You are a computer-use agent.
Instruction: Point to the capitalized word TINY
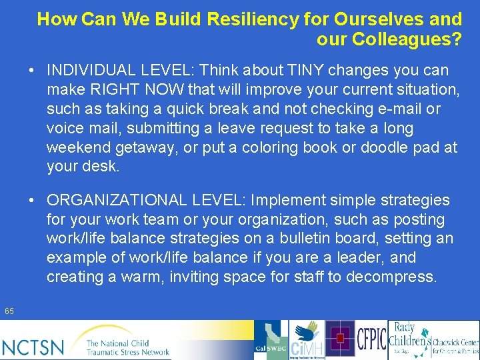pyautogui.click(x=298, y=70)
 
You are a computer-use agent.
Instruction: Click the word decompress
pyautogui.click(x=394, y=277)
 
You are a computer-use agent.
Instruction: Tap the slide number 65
pyautogui.click(x=9, y=311)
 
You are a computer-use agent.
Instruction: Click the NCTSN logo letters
pyautogui.click(x=33, y=347)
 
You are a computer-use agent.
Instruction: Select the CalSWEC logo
pyautogui.click(x=271, y=340)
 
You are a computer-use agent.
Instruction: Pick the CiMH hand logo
pyautogui.click(x=307, y=340)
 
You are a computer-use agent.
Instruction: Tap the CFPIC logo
pyautogui.click(x=371, y=339)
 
